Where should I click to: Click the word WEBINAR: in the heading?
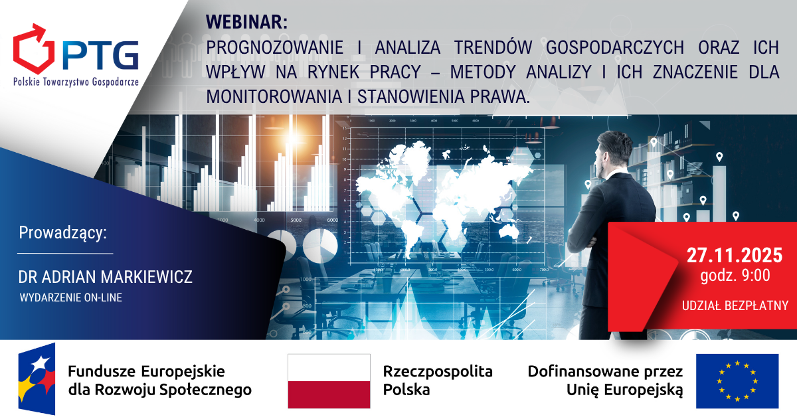pyautogui.click(x=246, y=22)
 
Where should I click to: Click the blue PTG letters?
pyautogui.click(x=100, y=55)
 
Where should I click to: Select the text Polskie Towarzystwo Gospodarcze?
pyautogui.click(x=76, y=82)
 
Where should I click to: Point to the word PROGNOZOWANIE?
pyautogui.click(x=275, y=47)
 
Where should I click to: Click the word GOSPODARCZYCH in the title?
pyautogui.click(x=615, y=47)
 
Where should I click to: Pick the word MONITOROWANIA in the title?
pyautogui.click(x=274, y=96)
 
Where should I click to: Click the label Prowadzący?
pyautogui.click(x=62, y=233)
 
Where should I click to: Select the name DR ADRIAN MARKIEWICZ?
pyautogui.click(x=106, y=277)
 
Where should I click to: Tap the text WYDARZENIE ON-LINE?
pyautogui.click(x=71, y=297)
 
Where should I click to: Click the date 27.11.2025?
pyautogui.click(x=735, y=255)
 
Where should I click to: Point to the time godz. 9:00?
pyautogui.click(x=735, y=276)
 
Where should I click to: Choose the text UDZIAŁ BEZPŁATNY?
pyautogui.click(x=735, y=305)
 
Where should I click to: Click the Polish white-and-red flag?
pyautogui.click(x=329, y=380)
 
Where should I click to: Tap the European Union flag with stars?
pyautogui.click(x=737, y=380)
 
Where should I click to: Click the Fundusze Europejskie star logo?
pyautogui.click(x=37, y=378)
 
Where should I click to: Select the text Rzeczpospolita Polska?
pyautogui.click(x=438, y=380)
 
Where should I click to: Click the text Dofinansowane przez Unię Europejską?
pyautogui.click(x=605, y=380)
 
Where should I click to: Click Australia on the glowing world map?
pyautogui.click(x=509, y=231)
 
